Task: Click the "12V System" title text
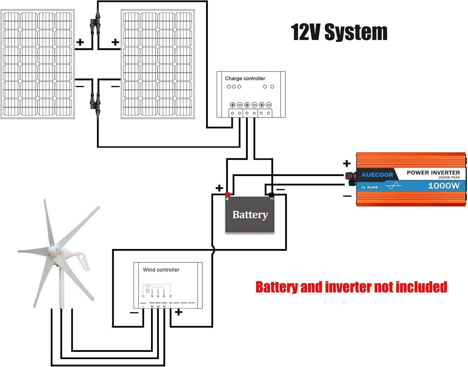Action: pyautogui.click(x=339, y=32)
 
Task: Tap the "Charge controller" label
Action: pyautogui.click(x=245, y=78)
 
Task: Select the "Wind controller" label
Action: pyautogui.click(x=161, y=270)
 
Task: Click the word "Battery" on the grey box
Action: pyautogui.click(x=250, y=215)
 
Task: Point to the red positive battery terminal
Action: pyautogui.click(x=228, y=195)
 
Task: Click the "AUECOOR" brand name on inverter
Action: pyautogui.click(x=377, y=175)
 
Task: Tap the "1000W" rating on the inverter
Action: pyautogui.click(x=443, y=186)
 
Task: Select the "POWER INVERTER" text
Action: pyautogui.click(x=433, y=173)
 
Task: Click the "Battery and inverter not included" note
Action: pyautogui.click(x=351, y=287)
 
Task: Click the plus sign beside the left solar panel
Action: pyautogui.click(x=80, y=42)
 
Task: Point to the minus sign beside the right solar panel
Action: pyautogui.click(x=115, y=86)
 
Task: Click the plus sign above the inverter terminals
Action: pyautogui.click(x=347, y=163)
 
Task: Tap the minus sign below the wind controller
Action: pyautogui.click(x=134, y=313)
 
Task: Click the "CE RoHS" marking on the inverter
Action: pyautogui.click(x=369, y=187)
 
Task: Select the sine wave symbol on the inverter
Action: pyautogui.click(x=394, y=186)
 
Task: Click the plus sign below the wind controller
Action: pyautogui.click(x=178, y=312)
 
